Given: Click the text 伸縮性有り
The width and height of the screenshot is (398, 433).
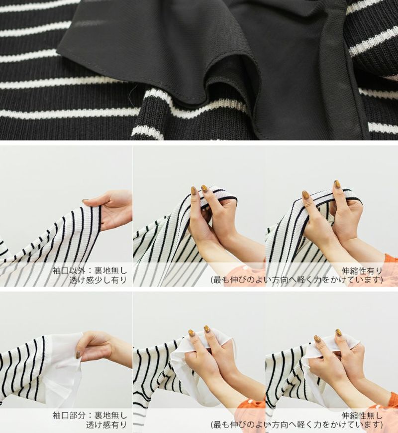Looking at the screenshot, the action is [x=362, y=271].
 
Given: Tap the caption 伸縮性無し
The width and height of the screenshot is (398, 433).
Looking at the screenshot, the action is [x=362, y=416].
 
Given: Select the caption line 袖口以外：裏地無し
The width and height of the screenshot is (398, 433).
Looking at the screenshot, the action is [x=90, y=271].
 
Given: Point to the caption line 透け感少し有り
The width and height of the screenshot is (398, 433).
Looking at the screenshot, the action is [x=98, y=280].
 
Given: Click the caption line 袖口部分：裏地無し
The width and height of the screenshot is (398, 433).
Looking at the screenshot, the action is [x=90, y=415].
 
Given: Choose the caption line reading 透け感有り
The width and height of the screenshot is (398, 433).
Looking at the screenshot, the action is [x=106, y=425].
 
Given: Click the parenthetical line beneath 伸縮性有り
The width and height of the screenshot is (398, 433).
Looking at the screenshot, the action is [x=297, y=280].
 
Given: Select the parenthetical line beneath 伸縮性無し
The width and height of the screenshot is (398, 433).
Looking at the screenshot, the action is [x=297, y=425].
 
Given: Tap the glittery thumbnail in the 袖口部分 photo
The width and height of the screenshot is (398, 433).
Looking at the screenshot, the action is [x=79, y=355].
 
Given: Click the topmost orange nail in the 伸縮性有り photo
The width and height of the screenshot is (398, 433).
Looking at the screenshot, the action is [x=337, y=184].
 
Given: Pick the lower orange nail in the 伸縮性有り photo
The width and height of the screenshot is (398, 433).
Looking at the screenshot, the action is [x=305, y=195].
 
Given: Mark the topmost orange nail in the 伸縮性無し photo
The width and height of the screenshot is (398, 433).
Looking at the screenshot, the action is [x=338, y=332].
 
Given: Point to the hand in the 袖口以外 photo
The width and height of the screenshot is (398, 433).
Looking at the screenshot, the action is [x=109, y=210].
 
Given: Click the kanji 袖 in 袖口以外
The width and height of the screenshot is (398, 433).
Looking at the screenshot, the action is [x=57, y=271].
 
